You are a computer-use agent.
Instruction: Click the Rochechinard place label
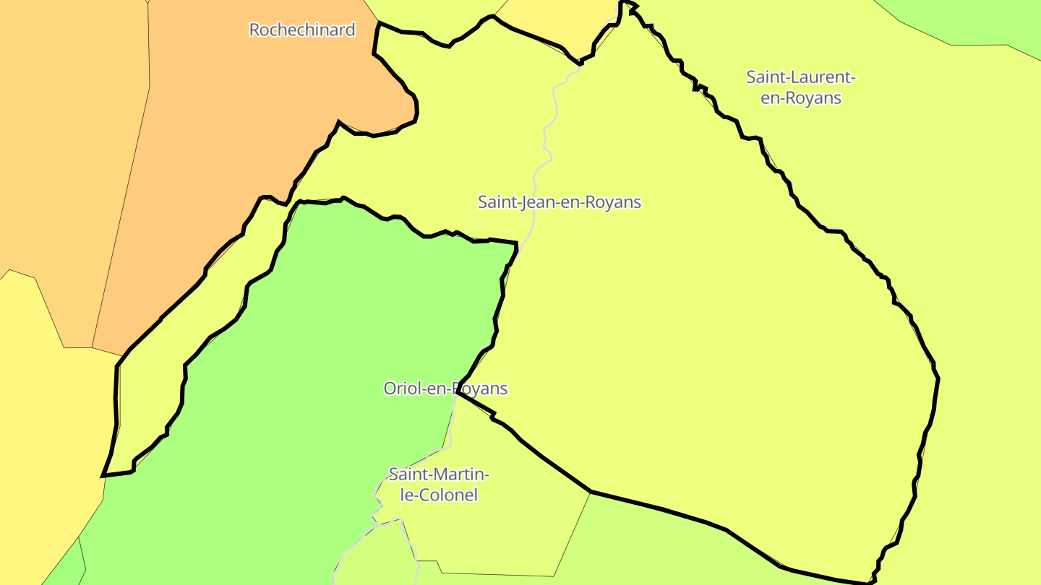click(302, 30)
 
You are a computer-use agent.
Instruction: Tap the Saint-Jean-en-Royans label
click(560, 201)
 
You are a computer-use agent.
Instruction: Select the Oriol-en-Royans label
click(445, 389)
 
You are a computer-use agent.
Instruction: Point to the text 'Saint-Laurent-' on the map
click(801, 77)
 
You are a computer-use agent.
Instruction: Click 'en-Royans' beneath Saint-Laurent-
click(801, 97)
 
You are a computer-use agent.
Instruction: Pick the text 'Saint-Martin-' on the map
click(440, 474)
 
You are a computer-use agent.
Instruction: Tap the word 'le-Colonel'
click(440, 495)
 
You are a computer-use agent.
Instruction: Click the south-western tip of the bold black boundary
click(104, 475)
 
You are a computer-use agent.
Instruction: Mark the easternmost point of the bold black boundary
click(938, 377)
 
